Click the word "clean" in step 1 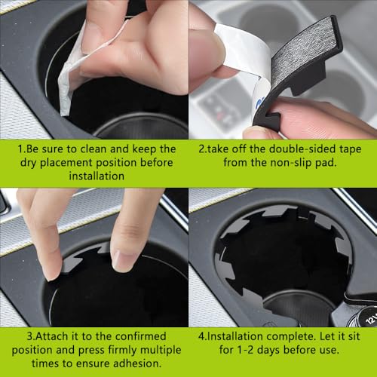(x=93, y=149)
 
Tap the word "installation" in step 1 (x=97, y=176)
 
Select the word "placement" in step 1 (x=66, y=163)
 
